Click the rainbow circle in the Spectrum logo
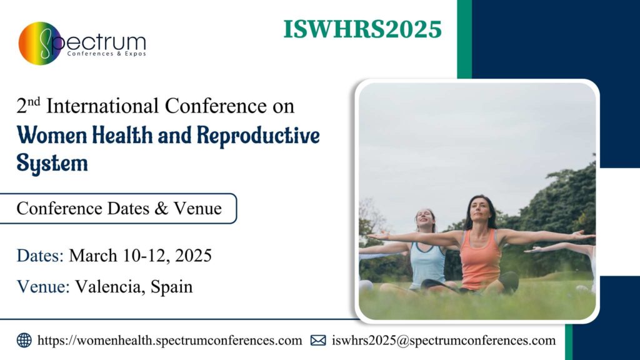point(40,43)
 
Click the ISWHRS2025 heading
point(362,29)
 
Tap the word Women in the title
point(52,135)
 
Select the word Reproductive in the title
point(258,136)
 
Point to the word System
point(52,163)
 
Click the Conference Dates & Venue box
point(118,209)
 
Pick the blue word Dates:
point(40,256)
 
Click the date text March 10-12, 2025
point(140,256)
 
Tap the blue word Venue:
point(43,286)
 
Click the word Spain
point(171,287)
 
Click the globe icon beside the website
point(24,341)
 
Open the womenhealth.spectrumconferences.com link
point(169,341)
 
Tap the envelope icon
point(318,341)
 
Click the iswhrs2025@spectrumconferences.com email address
point(444,341)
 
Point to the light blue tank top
point(427,265)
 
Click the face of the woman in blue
point(425,220)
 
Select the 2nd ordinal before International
point(28,105)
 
